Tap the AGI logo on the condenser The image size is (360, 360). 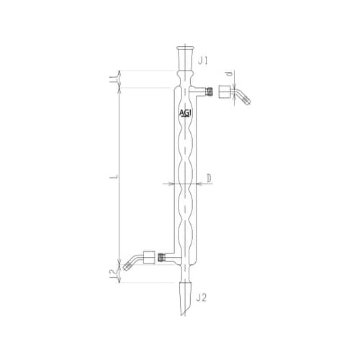click(x=185, y=114)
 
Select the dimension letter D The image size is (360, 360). click(x=207, y=176)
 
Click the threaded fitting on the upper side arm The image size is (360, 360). click(x=207, y=91)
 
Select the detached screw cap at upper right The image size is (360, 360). click(x=226, y=93)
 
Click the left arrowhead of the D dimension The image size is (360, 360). click(x=174, y=184)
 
